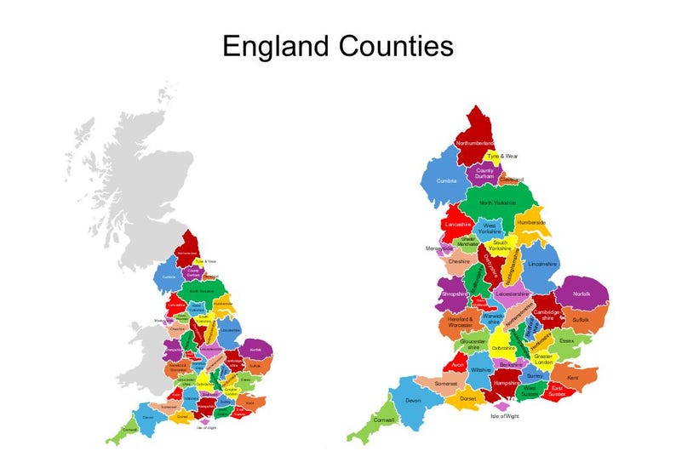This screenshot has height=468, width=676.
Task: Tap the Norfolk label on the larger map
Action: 581,294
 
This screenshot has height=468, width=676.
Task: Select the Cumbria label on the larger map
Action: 447,180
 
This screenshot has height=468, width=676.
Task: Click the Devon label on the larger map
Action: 414,400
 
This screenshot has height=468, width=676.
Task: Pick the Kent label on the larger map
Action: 573,376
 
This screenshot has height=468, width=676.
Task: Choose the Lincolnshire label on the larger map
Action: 542,264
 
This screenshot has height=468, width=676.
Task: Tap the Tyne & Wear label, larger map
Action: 501,157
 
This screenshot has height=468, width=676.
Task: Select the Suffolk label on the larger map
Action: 581,319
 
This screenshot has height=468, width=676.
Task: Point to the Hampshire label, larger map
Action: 507,384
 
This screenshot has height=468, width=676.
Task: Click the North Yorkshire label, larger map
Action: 497,203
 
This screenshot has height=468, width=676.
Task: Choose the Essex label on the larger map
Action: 567,340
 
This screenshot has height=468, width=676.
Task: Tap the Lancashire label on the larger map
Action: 458,225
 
